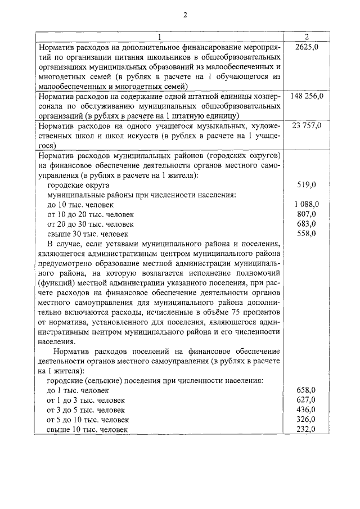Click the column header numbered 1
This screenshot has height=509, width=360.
pos(160,37)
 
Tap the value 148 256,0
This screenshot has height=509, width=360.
pos(307,96)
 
